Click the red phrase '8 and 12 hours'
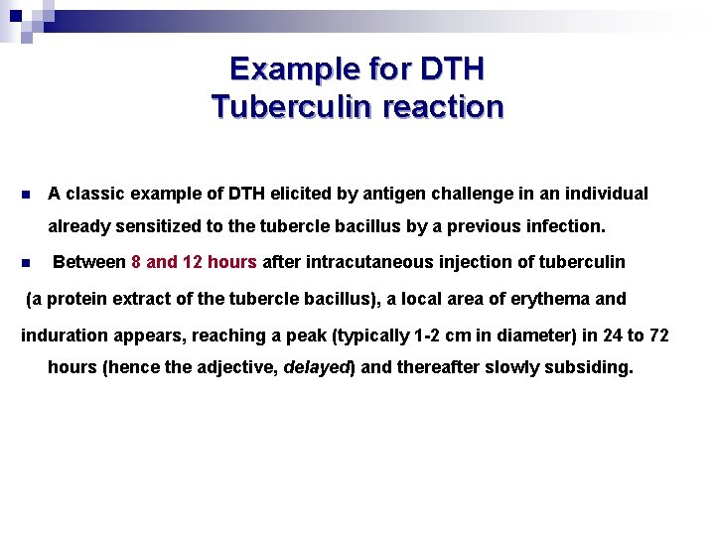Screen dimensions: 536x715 click(x=195, y=262)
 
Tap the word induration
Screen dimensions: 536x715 click(x=62, y=335)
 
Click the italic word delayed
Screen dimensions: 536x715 click(x=316, y=367)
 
